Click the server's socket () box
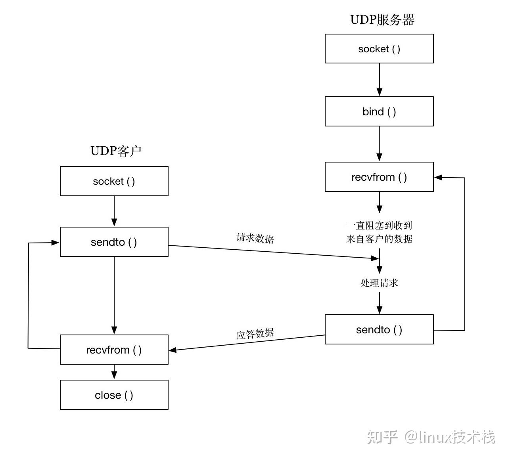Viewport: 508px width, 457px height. click(379, 49)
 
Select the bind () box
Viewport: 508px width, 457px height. click(379, 111)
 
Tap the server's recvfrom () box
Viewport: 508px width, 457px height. click(379, 177)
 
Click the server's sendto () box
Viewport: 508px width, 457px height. click(379, 329)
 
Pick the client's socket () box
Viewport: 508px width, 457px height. click(114, 181)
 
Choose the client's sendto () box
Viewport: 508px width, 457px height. click(114, 242)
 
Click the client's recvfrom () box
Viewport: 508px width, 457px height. click(114, 350)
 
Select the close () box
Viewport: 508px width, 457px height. click(114, 395)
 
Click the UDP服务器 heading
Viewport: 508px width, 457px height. click(382, 20)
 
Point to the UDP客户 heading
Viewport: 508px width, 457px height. click(116, 151)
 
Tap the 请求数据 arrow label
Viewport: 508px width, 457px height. click(255, 238)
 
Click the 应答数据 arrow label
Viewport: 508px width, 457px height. click(255, 334)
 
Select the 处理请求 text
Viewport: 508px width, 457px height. click(379, 283)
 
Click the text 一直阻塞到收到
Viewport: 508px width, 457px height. click(379, 226)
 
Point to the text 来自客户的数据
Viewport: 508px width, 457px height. click(379, 239)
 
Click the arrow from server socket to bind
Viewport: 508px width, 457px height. click(380, 79)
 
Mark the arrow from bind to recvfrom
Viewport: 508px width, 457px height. click(380, 143)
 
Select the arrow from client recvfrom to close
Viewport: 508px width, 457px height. click(114, 372)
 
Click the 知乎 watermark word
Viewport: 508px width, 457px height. click(382, 437)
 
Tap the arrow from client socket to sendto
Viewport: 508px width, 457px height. click(114, 211)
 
